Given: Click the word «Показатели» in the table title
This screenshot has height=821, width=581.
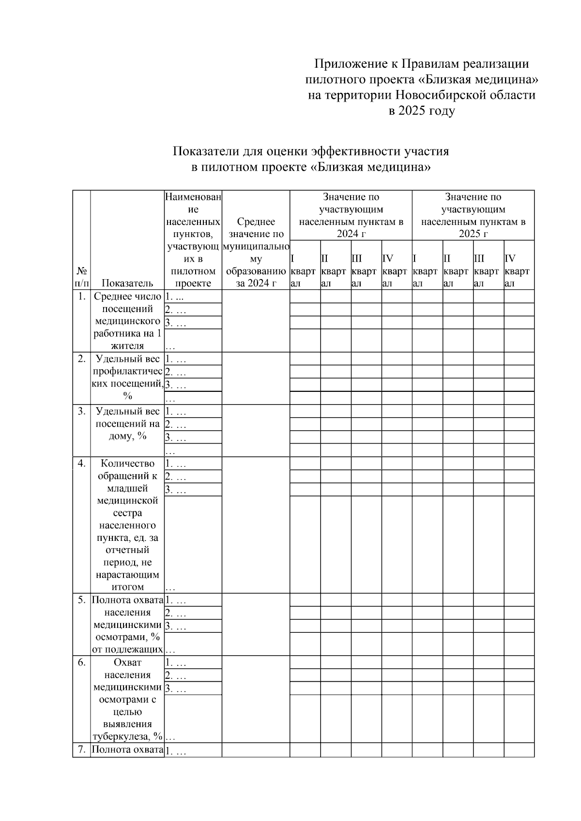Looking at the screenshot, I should click(x=207, y=151).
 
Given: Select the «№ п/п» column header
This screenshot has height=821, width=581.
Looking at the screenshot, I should click(x=81, y=277).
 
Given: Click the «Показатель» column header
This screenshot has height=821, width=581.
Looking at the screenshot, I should click(x=127, y=284).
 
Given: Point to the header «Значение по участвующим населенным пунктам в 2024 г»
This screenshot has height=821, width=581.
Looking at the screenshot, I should click(x=351, y=215).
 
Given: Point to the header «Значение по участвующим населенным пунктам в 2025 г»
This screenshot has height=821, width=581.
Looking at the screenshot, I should click(x=473, y=215).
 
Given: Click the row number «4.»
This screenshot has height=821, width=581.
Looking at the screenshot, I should click(x=81, y=463).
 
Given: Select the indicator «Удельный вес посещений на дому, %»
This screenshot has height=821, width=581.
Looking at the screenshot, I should click(x=127, y=423).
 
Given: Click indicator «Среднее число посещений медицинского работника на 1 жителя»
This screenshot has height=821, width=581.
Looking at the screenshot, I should click(x=127, y=321).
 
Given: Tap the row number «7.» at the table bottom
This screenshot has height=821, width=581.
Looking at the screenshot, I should click(x=81, y=749).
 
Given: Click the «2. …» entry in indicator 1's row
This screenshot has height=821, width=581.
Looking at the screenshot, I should click(x=175, y=310).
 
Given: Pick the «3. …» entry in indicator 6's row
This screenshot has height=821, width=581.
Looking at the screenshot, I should click(x=175, y=688).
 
